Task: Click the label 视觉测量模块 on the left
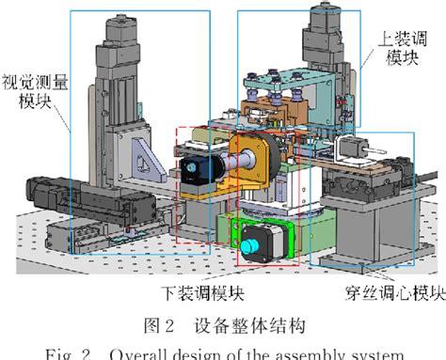point(35,91)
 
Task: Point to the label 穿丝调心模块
point(383,292)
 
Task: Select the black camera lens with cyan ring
point(190,168)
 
